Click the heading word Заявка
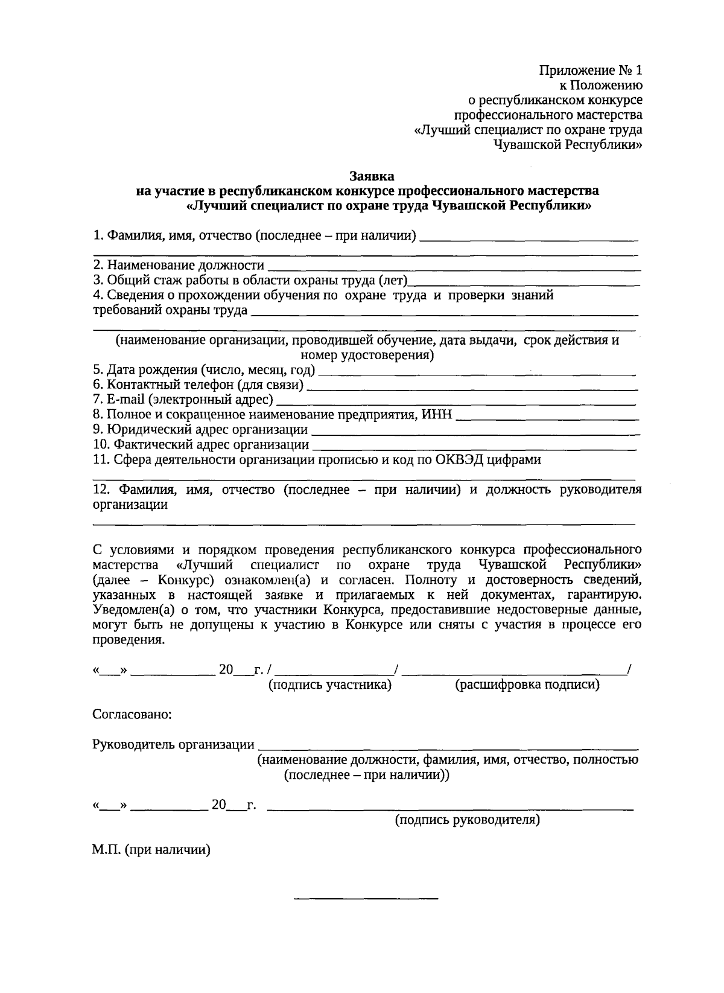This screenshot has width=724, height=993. (x=372, y=176)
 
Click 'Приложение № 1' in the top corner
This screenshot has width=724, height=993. (x=591, y=70)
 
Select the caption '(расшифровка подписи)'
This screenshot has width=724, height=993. (x=527, y=685)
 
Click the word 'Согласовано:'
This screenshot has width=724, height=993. (x=132, y=715)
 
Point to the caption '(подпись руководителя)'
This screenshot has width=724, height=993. (x=467, y=820)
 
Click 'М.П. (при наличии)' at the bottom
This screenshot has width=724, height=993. (x=151, y=850)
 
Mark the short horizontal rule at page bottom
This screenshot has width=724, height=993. (x=366, y=899)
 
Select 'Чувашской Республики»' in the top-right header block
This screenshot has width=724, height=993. (x=568, y=145)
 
